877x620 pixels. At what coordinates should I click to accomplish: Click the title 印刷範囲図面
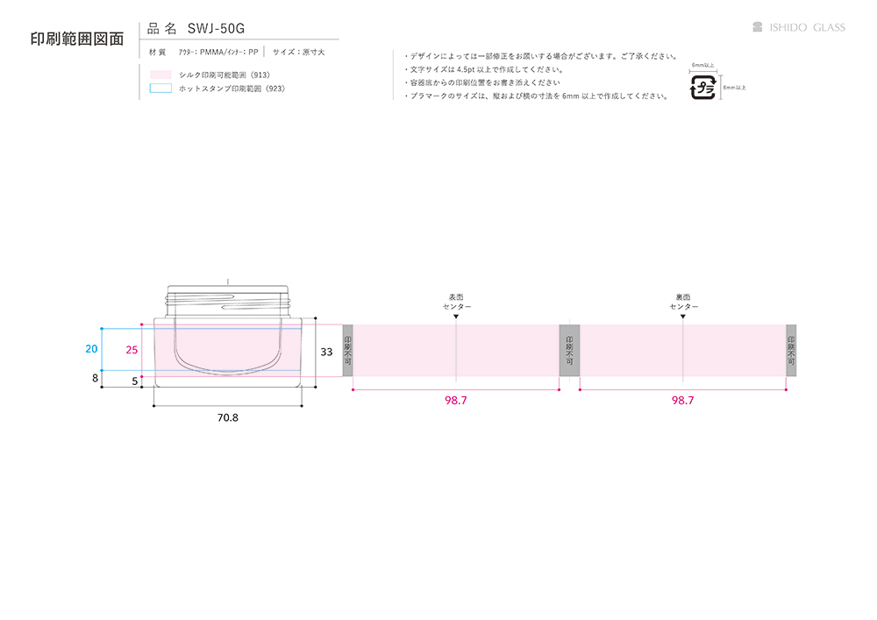76,39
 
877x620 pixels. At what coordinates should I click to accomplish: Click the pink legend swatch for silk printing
160,75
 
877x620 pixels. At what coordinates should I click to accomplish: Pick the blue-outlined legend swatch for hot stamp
160,89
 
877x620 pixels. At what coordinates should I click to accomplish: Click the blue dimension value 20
91,348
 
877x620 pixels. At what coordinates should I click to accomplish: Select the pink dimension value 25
132,349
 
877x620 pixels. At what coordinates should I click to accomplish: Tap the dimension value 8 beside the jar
95,379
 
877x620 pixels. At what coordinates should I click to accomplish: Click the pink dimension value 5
134,381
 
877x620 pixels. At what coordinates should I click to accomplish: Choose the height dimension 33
326,351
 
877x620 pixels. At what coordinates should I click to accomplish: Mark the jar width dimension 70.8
227,418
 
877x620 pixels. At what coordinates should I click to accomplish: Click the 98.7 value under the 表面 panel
455,400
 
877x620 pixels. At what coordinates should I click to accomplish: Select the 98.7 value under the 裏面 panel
682,400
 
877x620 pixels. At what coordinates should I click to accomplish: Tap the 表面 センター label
456,302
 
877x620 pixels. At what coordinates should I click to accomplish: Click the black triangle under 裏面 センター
683,316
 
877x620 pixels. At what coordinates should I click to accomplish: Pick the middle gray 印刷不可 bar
569,350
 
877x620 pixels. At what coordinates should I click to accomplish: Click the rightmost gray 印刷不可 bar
791,350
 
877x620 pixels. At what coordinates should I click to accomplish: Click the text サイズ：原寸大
298,53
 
